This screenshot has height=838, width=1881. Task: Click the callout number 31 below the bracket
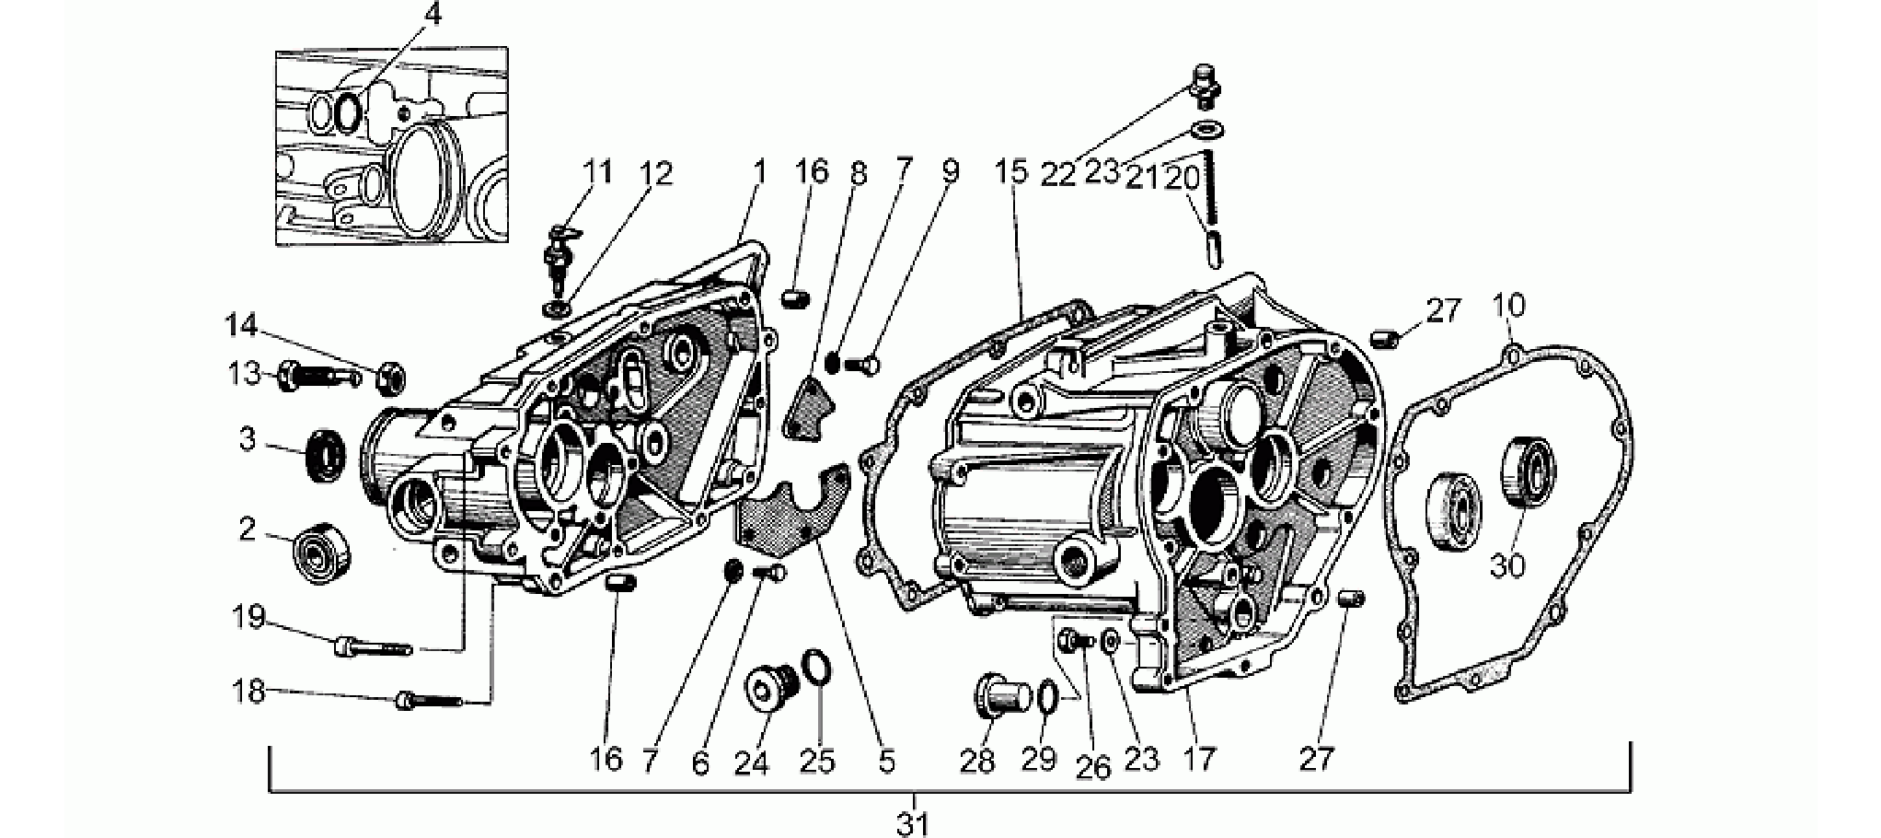[x=914, y=823]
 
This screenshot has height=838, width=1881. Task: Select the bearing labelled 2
[x=321, y=551]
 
